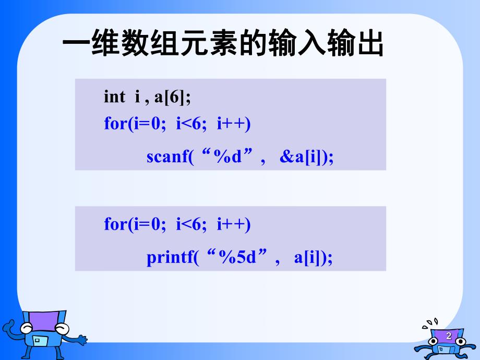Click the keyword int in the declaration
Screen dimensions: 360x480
pos(114,97)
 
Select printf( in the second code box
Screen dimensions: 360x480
pos(173,258)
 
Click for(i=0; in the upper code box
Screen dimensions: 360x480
pos(135,124)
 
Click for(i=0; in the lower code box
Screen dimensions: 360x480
pos(135,224)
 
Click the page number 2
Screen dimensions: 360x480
pos(448,336)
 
